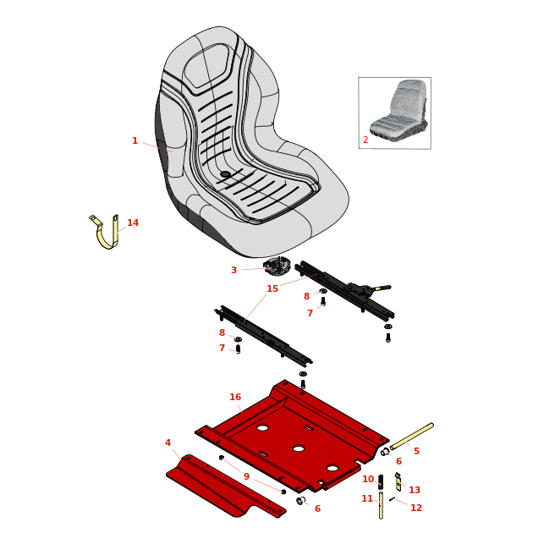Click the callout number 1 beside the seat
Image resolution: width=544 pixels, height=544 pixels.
tap(135, 140)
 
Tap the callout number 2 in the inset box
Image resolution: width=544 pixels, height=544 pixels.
tap(365, 140)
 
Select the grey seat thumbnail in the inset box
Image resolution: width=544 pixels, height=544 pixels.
tap(398, 107)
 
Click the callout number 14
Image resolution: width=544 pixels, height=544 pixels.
tap(133, 223)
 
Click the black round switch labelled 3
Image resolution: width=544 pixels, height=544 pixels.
tap(276, 267)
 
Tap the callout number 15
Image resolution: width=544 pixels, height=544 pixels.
tap(272, 288)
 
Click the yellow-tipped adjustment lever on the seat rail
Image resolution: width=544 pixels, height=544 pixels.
tap(382, 288)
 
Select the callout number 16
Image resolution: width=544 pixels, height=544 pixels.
tap(235, 397)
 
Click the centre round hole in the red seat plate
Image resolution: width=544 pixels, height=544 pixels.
tap(299, 448)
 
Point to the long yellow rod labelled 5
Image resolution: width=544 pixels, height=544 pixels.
tap(412, 437)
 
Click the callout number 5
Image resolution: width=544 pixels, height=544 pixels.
tap(417, 451)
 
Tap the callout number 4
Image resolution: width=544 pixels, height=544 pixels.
tap(168, 442)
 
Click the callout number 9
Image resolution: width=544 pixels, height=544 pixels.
tap(247, 476)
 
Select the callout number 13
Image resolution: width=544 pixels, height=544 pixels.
tap(415, 490)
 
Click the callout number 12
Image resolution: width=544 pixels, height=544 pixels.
tap(416, 508)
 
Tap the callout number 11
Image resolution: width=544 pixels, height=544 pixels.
tap(367, 498)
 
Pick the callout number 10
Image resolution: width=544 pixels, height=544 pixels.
tap(368, 479)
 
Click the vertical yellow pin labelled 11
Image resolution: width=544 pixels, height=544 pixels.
tap(381, 505)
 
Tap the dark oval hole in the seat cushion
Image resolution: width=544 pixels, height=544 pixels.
tap(226, 174)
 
